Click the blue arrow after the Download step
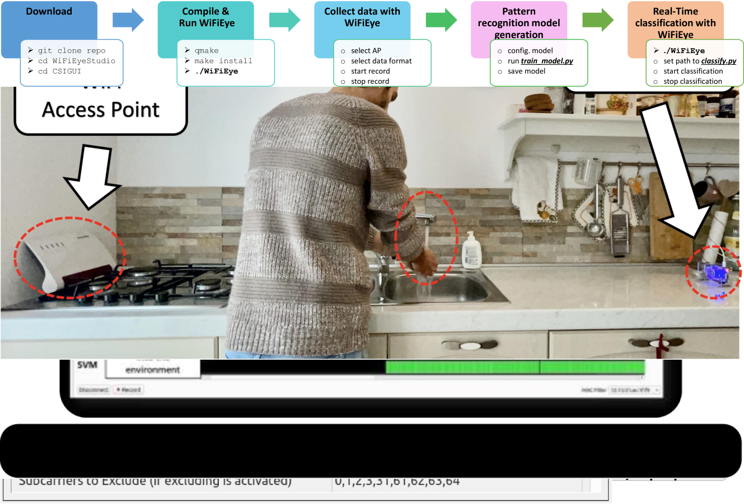128,21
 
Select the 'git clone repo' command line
71,50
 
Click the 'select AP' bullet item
366,50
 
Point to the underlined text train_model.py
546,61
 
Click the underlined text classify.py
718,61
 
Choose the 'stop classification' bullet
692,81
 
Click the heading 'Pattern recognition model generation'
518,22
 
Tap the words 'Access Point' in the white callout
101,110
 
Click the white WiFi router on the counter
67,255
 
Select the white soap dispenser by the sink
471,251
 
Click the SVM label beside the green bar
87,365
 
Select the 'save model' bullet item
526,71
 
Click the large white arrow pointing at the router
92,176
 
